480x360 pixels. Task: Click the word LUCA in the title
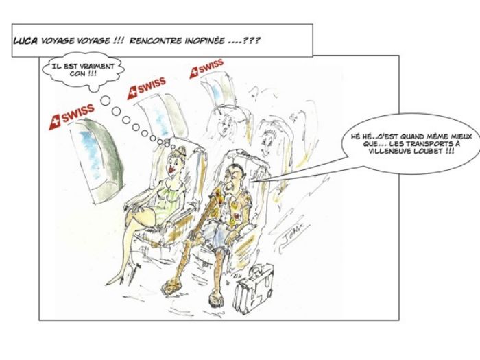point(25,40)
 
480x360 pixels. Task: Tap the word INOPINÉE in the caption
point(205,40)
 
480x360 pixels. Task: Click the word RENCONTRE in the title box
point(156,40)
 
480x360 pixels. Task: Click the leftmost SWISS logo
point(71,117)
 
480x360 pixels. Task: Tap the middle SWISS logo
point(146,88)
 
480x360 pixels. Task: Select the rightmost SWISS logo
point(206,68)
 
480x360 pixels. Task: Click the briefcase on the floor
point(253,290)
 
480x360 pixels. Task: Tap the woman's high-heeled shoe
point(115,278)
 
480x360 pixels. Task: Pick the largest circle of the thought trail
point(106,100)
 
